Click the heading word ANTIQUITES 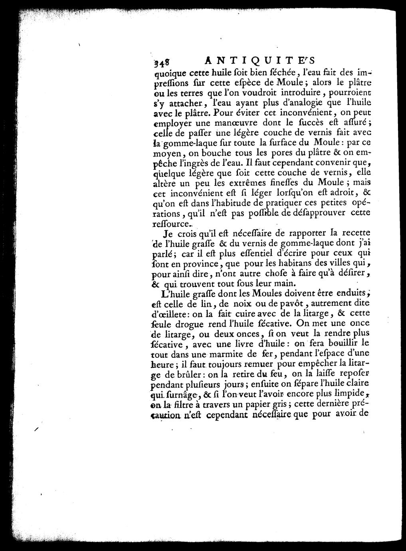tap(259, 60)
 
